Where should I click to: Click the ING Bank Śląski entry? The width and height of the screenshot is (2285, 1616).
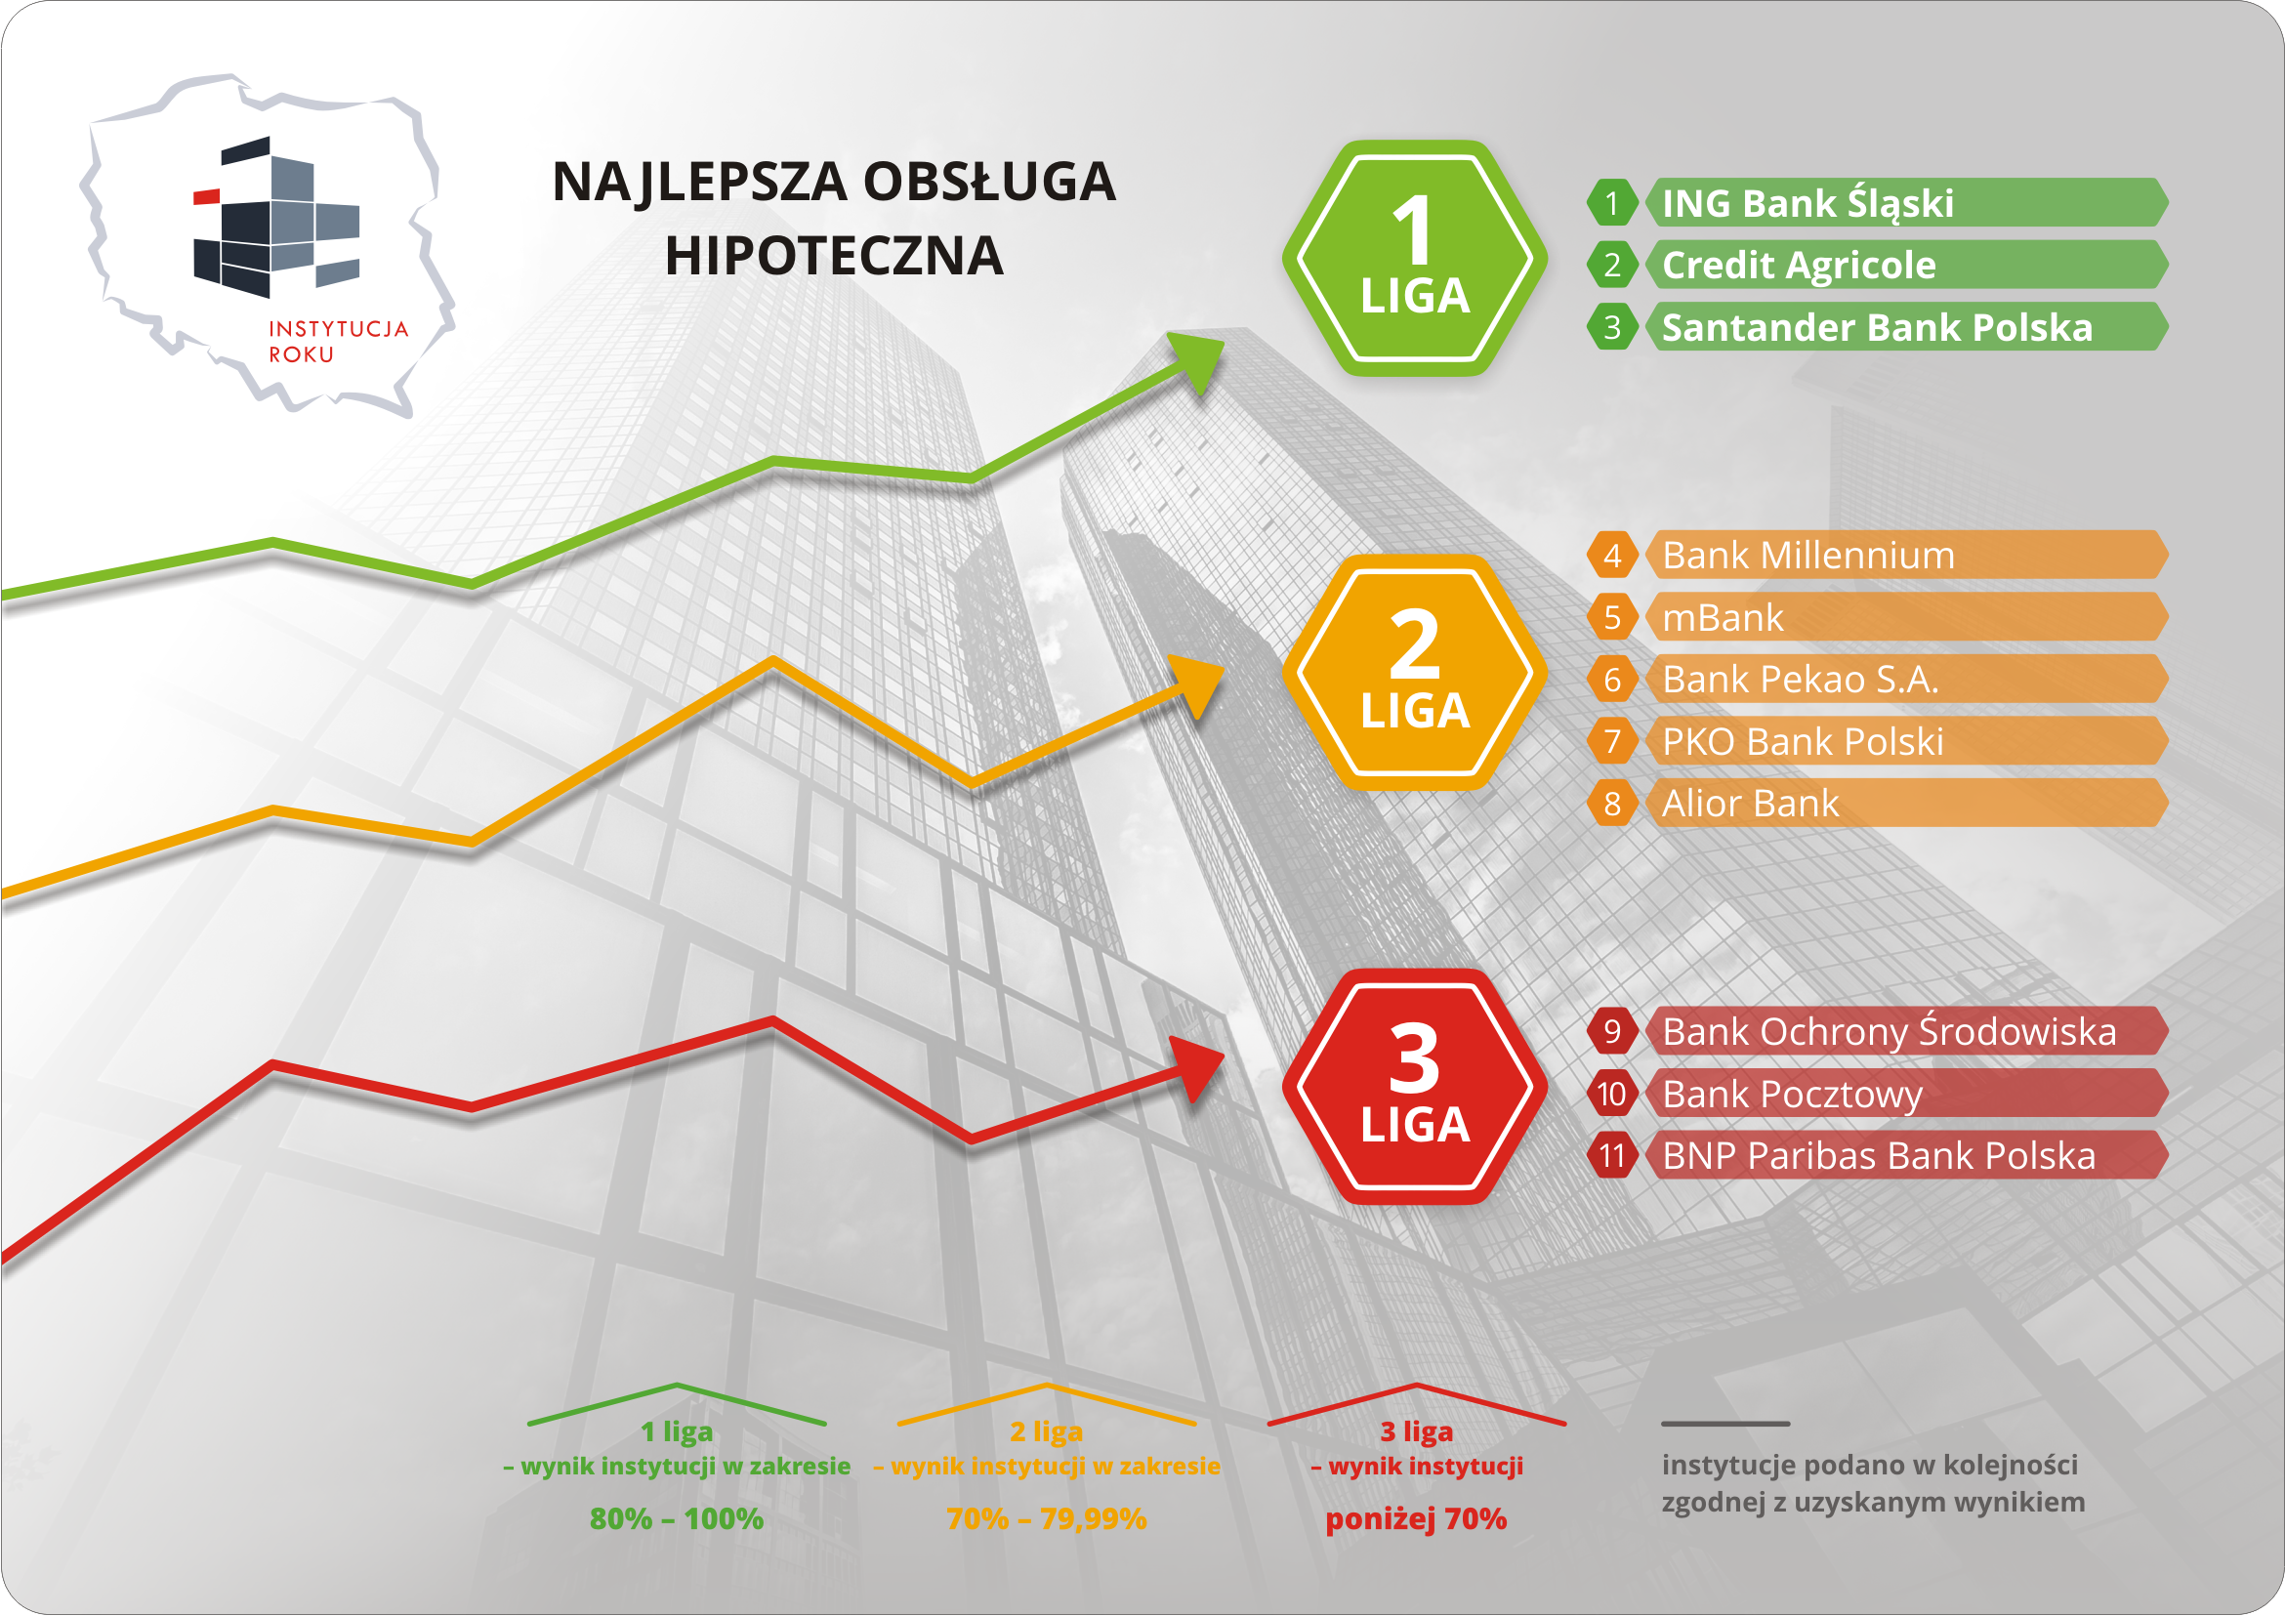[1907, 203]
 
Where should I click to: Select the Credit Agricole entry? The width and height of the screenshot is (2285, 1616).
[1907, 265]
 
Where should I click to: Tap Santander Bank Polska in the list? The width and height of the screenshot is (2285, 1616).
[1907, 326]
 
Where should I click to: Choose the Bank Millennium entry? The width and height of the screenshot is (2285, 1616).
[1907, 555]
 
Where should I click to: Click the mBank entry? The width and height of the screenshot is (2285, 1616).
[1907, 617]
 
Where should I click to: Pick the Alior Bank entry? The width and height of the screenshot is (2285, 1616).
[1907, 803]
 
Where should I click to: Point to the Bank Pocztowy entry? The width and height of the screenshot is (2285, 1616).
[1907, 1094]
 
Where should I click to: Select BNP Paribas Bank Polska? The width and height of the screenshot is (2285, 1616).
[1907, 1155]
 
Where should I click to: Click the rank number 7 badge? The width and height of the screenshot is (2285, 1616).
[1612, 741]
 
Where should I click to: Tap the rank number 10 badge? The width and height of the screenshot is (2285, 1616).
[1612, 1094]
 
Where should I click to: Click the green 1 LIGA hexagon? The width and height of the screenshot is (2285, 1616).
[1414, 258]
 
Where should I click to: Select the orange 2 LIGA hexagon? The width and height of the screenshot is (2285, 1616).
[1414, 673]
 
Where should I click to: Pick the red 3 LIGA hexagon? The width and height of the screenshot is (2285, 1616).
[1414, 1087]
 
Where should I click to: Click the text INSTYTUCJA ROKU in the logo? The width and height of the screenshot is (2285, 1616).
[339, 342]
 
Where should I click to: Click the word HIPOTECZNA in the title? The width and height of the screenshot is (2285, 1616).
[834, 256]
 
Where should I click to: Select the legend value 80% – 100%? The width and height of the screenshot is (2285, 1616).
[677, 1518]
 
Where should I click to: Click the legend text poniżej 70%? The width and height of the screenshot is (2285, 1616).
[1416, 1518]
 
